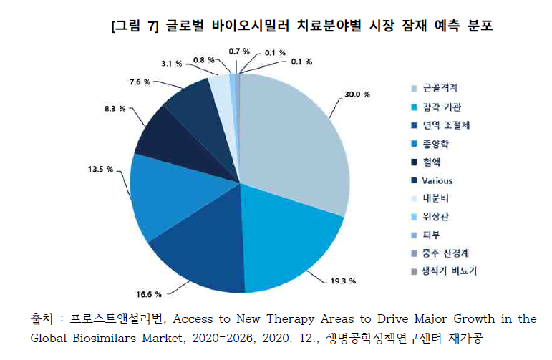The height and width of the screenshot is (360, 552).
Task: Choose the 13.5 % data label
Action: coord(99,170)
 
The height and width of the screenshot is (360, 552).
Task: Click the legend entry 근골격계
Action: coord(440,88)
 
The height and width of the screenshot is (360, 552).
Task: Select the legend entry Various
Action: coord(437,180)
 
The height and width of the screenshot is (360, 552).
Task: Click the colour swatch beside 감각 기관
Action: coord(415,107)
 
